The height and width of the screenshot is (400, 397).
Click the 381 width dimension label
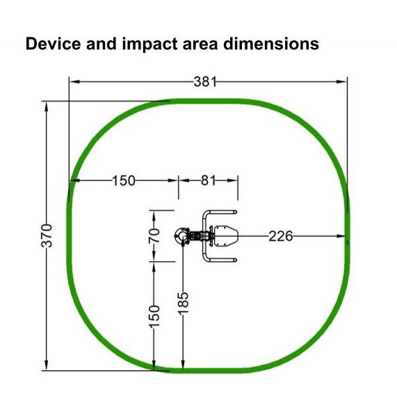[205, 82]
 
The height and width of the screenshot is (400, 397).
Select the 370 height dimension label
[47, 235]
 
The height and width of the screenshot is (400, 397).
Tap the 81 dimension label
[208, 181]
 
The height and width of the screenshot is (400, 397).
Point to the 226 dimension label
[280, 236]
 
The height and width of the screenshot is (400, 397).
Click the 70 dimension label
[154, 235]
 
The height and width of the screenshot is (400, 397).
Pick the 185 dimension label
[183, 303]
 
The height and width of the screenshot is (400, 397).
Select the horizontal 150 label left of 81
[124, 181]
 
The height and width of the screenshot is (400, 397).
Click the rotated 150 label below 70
[154, 317]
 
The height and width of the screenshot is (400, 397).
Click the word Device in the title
[53, 43]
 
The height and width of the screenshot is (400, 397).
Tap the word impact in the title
[149, 44]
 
